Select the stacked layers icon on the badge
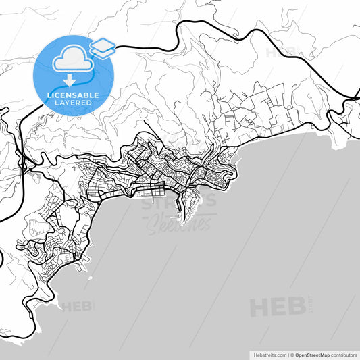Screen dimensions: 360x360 pos(102,47)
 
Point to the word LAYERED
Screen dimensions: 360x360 pos(73,103)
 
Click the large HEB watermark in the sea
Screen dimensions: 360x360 pos(277,307)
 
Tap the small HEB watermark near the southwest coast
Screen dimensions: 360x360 pos(77,307)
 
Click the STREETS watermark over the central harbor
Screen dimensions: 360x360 pos(179,202)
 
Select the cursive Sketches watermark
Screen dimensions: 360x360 pos(180,222)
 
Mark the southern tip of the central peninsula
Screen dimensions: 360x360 pos(182,220)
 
